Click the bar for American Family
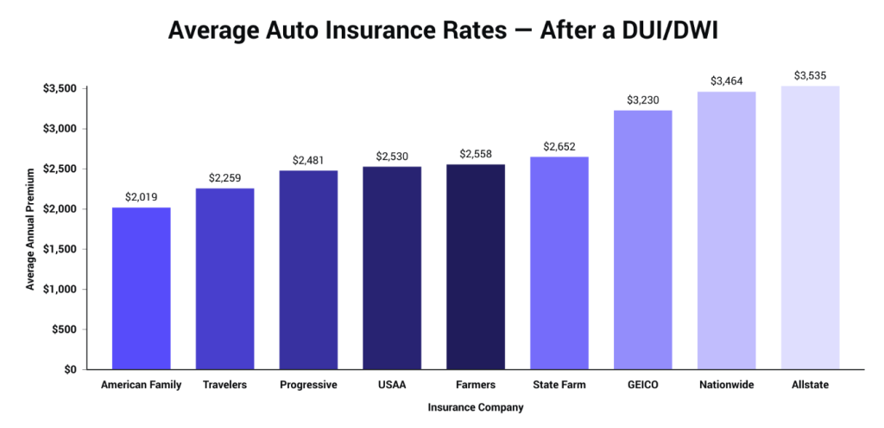[141, 288]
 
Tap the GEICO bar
[642, 240]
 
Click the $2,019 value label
[141, 197]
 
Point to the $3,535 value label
[810, 76]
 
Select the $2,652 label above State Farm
[559, 147]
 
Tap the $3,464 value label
[726, 81]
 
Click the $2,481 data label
[308, 161]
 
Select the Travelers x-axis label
[224, 385]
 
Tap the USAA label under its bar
[392, 385]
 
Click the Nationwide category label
[726, 385]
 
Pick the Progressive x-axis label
[308, 385]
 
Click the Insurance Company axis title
[475, 406]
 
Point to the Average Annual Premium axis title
[30, 229]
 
